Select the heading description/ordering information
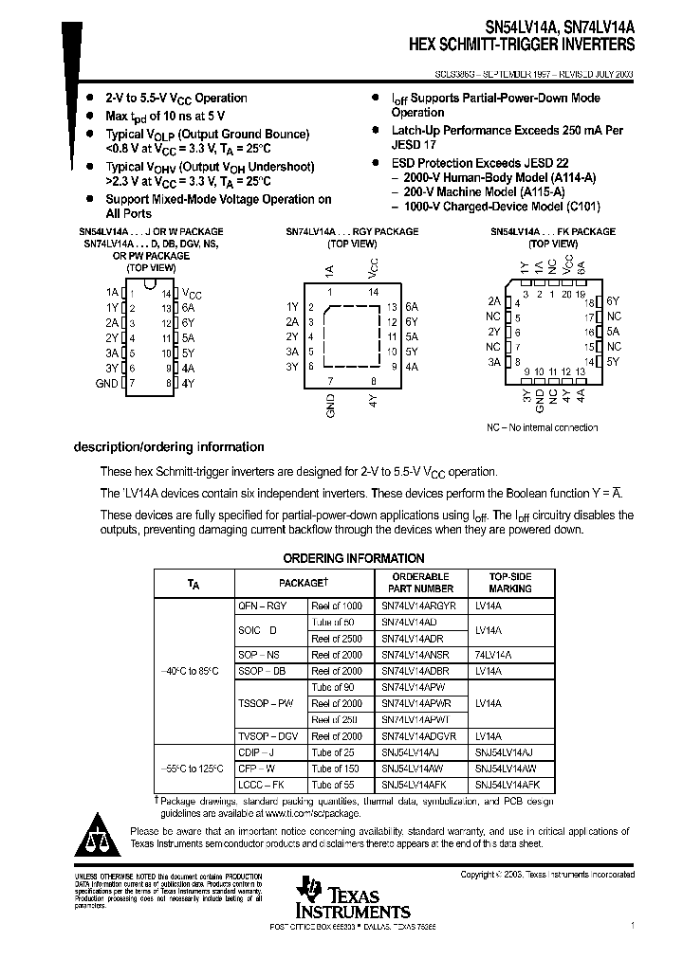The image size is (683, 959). tap(169, 447)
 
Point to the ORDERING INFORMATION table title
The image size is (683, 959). tap(354, 558)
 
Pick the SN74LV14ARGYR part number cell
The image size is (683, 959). tap(418, 606)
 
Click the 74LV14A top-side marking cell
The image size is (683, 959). tap(493, 655)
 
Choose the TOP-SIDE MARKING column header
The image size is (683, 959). tap(510, 582)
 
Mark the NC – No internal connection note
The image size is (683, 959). tap(543, 427)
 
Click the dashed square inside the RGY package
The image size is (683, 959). tap(351, 337)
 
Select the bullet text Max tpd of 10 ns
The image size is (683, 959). tap(162, 116)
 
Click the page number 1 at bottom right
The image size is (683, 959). tap(632, 923)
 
